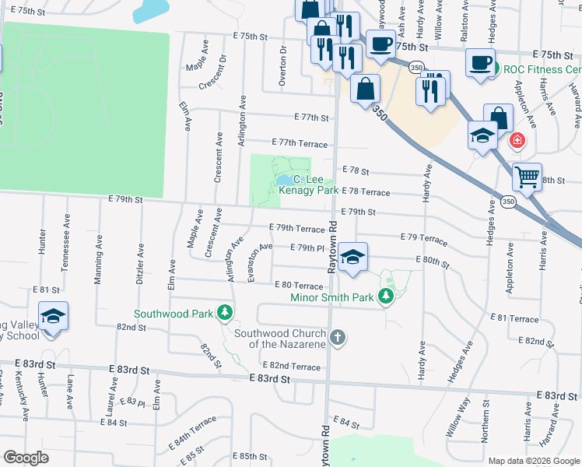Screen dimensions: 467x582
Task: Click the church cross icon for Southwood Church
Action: click(x=336, y=338)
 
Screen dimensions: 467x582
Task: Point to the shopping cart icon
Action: click(x=527, y=177)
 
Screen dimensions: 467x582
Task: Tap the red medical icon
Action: click(x=517, y=142)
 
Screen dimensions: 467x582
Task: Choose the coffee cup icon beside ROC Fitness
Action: click(x=480, y=61)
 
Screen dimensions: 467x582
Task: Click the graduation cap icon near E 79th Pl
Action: click(x=352, y=256)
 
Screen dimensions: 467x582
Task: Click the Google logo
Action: click(x=26, y=458)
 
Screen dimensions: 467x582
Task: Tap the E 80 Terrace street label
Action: click(x=298, y=286)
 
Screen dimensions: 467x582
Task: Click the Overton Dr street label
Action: click(x=282, y=65)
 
